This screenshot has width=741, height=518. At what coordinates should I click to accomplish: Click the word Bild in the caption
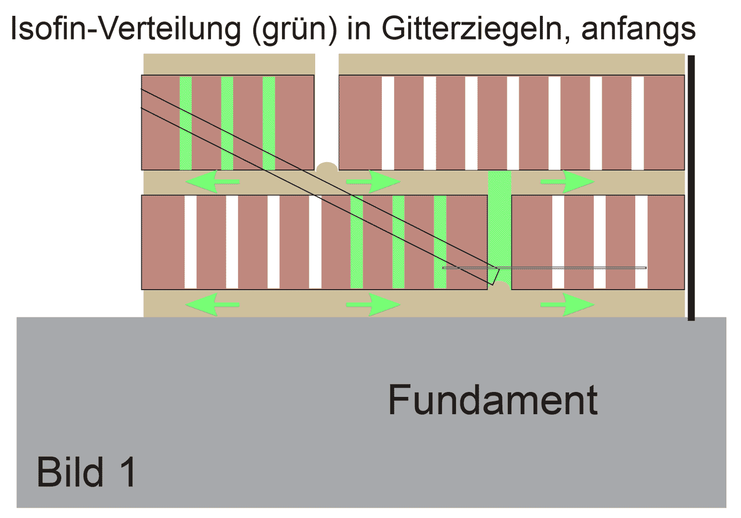tap(70, 472)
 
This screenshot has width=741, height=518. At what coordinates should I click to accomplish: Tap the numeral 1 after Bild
tap(127, 472)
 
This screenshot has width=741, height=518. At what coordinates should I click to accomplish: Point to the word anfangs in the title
tap(638, 30)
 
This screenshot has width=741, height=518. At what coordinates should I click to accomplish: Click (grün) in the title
tap(294, 30)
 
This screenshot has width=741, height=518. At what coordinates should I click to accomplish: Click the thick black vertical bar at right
tap(691, 188)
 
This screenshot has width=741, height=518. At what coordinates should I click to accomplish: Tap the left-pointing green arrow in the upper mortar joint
tap(211, 182)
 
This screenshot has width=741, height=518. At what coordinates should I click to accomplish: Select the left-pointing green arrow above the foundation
tap(211, 304)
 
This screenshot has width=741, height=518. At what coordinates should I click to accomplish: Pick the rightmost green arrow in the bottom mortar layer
tap(568, 304)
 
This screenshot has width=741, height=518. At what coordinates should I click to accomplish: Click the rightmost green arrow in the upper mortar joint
tap(568, 182)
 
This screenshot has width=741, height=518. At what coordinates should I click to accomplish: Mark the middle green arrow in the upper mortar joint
tap(373, 182)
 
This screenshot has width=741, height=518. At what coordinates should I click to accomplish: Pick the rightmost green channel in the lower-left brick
tap(440, 242)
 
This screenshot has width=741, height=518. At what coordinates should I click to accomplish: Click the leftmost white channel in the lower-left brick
tap(190, 242)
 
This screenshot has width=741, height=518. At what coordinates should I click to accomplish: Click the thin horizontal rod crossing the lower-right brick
tap(568, 268)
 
